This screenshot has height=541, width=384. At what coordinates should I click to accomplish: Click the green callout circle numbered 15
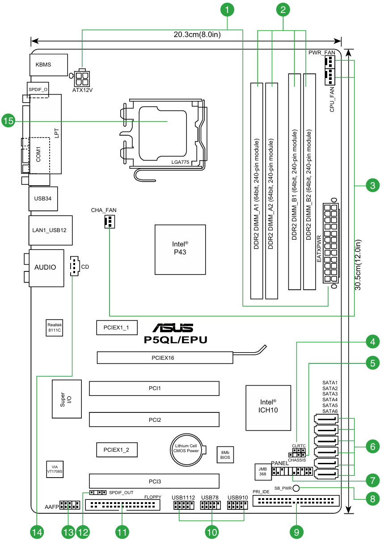[x=8, y=121]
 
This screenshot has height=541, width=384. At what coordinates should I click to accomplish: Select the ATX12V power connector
[x=81, y=78]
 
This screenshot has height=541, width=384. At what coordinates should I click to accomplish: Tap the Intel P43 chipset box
[x=180, y=250]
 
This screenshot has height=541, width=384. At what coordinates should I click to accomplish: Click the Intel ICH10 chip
[x=268, y=408]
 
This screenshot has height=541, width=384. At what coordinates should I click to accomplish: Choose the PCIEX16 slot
[x=165, y=358]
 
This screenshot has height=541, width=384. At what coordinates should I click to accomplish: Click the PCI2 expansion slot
[x=154, y=420]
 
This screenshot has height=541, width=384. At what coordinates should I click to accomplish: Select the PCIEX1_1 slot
[x=117, y=328]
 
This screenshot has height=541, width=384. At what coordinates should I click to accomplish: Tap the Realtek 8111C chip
[x=55, y=328]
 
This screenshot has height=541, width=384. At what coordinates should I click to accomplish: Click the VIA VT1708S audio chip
[x=55, y=469]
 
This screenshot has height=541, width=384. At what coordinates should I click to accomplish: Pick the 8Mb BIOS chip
[x=225, y=454]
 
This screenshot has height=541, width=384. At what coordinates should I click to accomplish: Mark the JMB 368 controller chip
[x=262, y=471]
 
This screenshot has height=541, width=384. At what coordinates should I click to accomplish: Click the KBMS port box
[x=49, y=65]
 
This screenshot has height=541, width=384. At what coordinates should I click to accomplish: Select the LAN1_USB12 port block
[x=51, y=230]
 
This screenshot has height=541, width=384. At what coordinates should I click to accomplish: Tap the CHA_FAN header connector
[x=110, y=222]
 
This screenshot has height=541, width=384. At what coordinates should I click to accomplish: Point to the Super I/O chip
[x=67, y=399]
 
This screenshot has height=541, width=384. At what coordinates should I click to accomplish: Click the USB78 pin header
[x=211, y=505]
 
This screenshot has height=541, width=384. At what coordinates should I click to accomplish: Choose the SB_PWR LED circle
[x=296, y=488]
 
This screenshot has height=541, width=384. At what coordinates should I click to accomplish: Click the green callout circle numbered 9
[x=296, y=533]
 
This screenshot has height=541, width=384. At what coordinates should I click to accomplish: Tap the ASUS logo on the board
[x=173, y=328]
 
